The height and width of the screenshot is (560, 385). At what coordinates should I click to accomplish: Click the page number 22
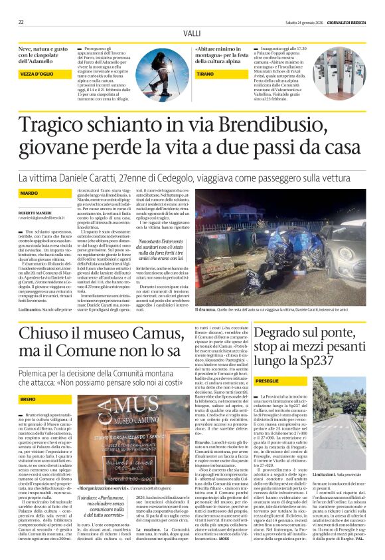22,22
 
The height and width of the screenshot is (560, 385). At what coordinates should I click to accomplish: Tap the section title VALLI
192,33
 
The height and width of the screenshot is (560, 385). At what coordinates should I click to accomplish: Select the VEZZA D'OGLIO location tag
41,74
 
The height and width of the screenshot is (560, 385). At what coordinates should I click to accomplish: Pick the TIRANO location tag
205,74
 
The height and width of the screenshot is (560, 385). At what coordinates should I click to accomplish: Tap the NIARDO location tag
29,192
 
